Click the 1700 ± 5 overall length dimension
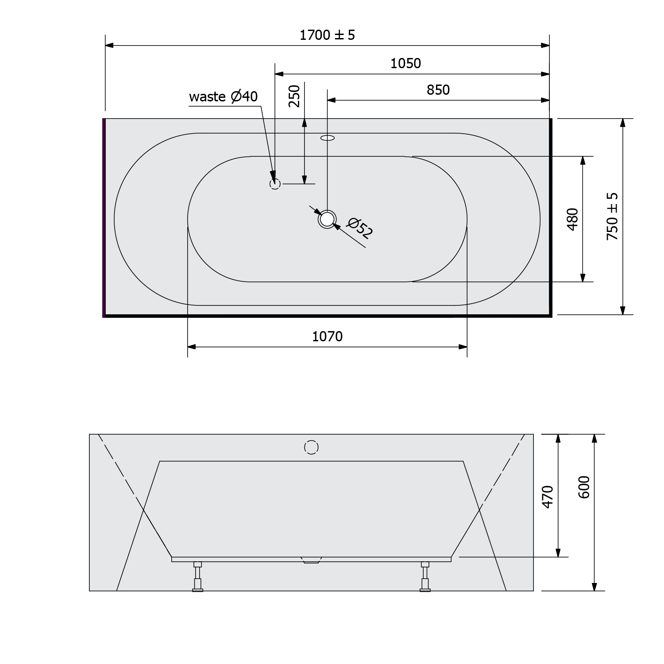click(327, 35)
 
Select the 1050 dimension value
click(405, 64)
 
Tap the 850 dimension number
click(438, 90)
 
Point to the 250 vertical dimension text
click(295, 96)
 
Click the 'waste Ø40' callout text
click(223, 97)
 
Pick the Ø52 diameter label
click(360, 228)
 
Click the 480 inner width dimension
click(572, 219)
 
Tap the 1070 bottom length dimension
click(327, 337)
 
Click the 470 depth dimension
click(548, 497)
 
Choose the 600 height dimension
click(584, 487)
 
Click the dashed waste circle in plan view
click(275, 183)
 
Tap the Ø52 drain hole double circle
click(327, 219)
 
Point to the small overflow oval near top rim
click(328, 138)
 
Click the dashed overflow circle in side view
click(312, 448)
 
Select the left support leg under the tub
click(197, 576)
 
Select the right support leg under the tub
click(425, 576)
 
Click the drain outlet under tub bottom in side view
click(312, 560)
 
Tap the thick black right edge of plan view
click(551, 217)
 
